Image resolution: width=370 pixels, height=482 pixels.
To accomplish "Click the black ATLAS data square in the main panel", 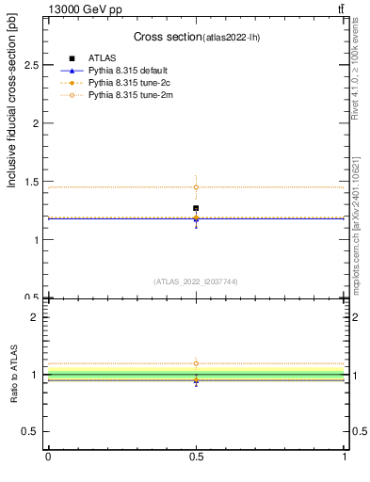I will tap(196, 208).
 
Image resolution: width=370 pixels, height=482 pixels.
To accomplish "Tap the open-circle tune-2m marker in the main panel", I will tap(196, 186).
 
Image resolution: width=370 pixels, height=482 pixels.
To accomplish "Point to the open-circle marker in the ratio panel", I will tap(196, 363).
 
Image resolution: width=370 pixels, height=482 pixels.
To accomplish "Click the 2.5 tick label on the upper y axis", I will tap(30, 65).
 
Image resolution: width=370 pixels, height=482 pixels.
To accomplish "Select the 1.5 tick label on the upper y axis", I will tap(30, 182).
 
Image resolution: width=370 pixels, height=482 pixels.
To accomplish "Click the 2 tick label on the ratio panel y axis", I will tap(35, 317).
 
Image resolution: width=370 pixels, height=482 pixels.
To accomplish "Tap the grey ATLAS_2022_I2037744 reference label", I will tap(196, 281).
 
